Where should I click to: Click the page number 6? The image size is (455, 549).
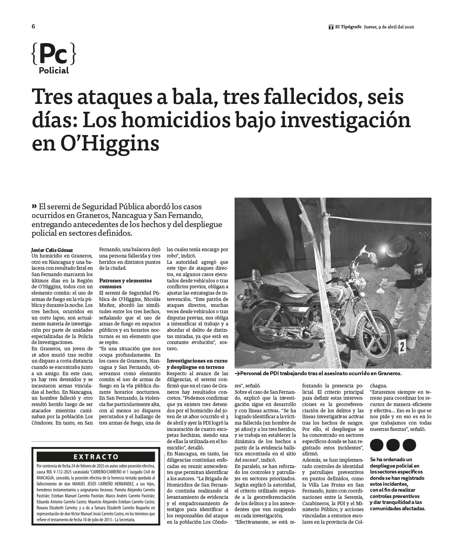click(34, 26)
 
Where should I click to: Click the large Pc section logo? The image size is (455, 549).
click(53, 55)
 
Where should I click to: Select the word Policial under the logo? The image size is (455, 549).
click(54, 71)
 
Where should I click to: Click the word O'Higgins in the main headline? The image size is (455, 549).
click(110, 144)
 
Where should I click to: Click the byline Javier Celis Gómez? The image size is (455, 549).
click(52, 250)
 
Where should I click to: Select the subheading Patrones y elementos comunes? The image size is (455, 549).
click(125, 283)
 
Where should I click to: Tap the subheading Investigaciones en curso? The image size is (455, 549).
click(197, 361)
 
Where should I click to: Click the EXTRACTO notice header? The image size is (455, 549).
click(96, 457)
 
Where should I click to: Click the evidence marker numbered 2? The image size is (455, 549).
click(402, 346)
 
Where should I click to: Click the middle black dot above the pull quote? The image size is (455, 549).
click(393, 445)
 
